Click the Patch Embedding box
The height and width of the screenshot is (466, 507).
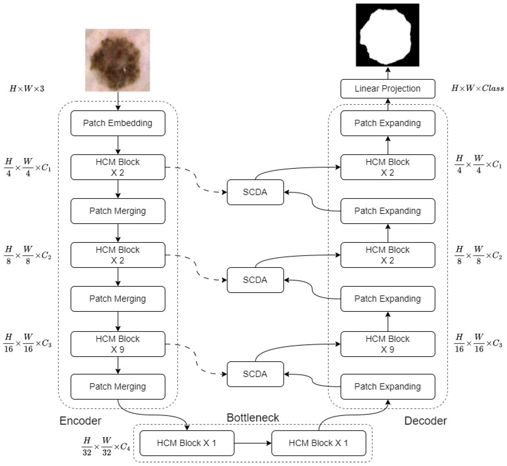tap(118, 123)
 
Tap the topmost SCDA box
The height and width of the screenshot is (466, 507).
tap(255, 192)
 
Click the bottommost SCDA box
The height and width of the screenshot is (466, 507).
tap(255, 374)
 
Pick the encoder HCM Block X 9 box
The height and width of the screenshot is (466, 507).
tap(118, 344)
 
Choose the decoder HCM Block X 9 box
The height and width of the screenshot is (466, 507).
tap(388, 344)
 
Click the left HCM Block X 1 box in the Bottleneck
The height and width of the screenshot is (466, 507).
tap(187, 443)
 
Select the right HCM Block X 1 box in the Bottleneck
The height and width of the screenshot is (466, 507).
tap(319, 443)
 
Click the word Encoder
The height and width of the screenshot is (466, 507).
tap(80, 421)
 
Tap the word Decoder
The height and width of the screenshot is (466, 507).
tap(425, 421)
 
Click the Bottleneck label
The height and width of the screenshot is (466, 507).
tap(253, 418)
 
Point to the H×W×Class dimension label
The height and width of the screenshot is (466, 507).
tap(477, 88)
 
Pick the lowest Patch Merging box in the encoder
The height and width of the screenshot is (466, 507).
tap(118, 387)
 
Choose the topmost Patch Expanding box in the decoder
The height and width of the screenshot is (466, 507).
tap(388, 123)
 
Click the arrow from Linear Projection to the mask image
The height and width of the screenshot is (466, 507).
tap(388, 73)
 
